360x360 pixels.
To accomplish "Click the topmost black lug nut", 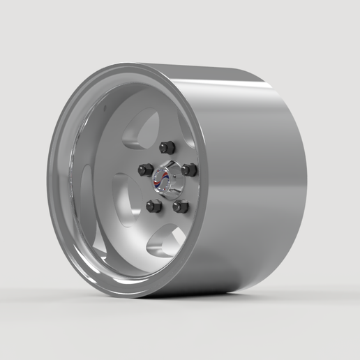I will tap(166, 147).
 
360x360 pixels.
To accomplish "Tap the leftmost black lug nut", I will tap(145, 170).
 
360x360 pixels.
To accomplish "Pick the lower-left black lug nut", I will tap(154, 206).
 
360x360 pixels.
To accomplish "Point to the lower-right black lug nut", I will tap(181, 207).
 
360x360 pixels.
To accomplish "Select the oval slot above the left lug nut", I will tap(136, 133).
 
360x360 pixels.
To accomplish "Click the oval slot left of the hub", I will tap(126, 199).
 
